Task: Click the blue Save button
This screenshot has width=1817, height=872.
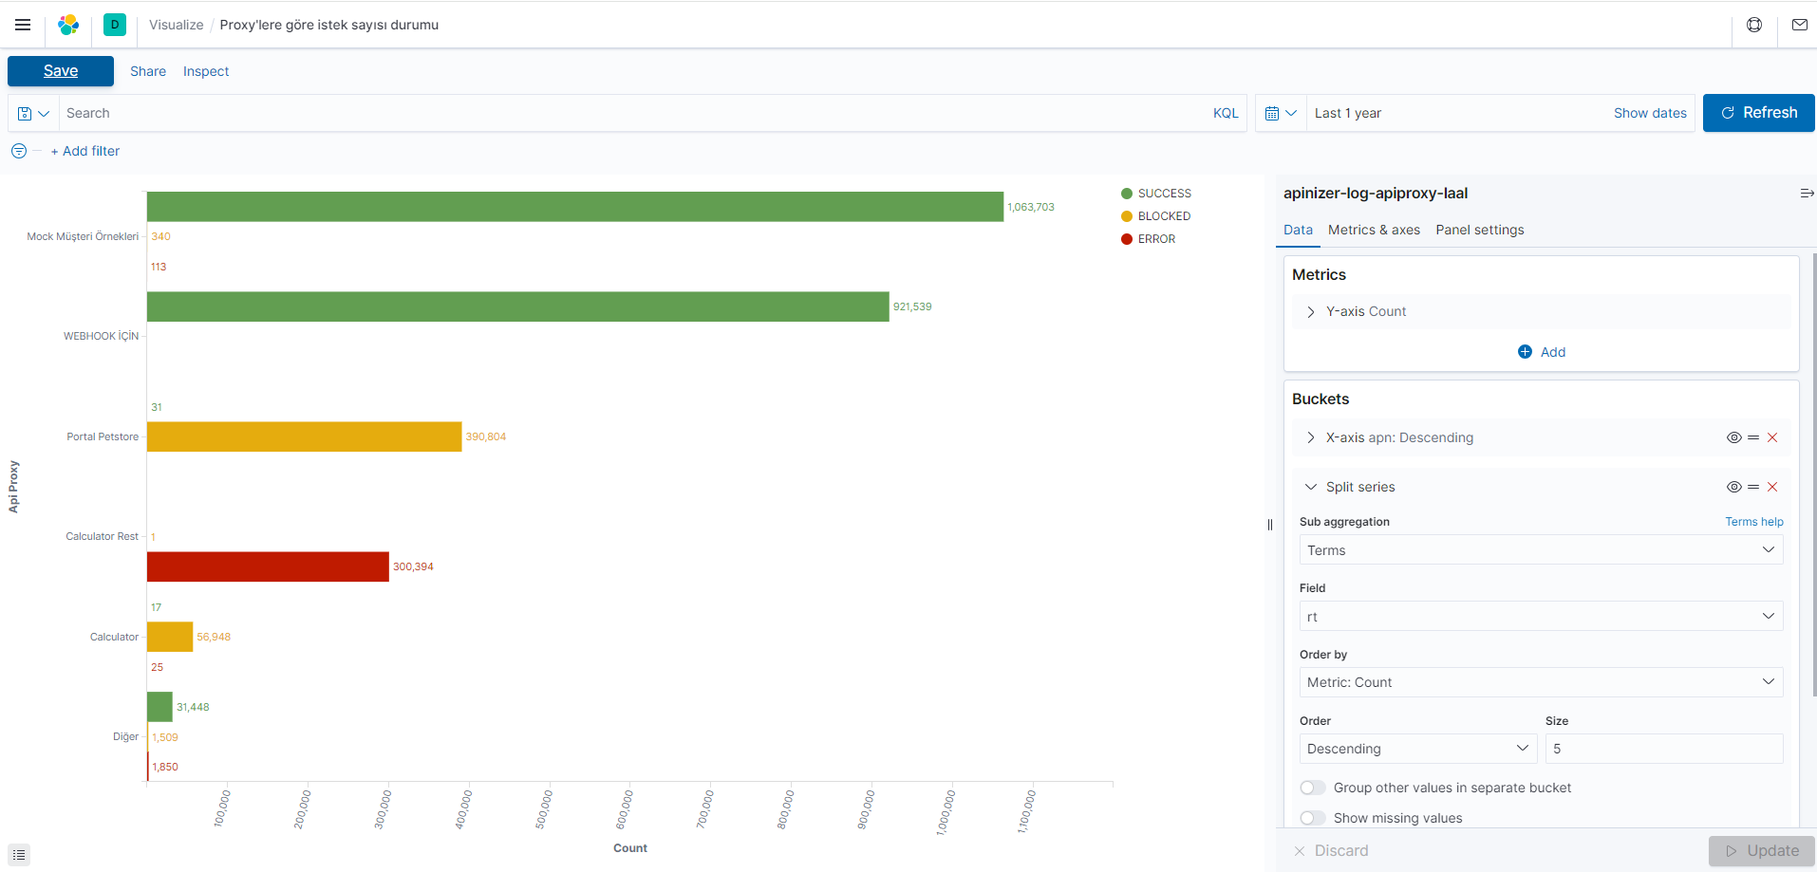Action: pyautogui.click(x=61, y=71)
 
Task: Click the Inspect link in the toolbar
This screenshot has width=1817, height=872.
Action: pyautogui.click(x=206, y=71)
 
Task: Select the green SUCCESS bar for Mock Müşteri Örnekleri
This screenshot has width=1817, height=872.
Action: pyautogui.click(x=574, y=207)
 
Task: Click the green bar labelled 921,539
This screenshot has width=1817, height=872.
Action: pyautogui.click(x=517, y=306)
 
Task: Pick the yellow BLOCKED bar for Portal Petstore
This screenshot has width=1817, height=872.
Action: pyautogui.click(x=304, y=436)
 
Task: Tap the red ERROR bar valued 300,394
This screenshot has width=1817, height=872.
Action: pyautogui.click(x=268, y=566)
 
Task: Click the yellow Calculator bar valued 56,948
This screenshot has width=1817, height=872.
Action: pyautogui.click(x=170, y=637)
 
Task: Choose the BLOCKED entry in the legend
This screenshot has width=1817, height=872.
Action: pyautogui.click(x=1163, y=216)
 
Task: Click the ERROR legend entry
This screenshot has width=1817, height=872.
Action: pyautogui.click(x=1155, y=239)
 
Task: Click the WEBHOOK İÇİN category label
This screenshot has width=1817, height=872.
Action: pyautogui.click(x=101, y=336)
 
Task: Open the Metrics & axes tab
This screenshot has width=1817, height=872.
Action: pyautogui.click(x=1374, y=230)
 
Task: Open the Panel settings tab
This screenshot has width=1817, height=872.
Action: pyautogui.click(x=1479, y=230)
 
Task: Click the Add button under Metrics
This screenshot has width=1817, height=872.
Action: pyautogui.click(x=1542, y=352)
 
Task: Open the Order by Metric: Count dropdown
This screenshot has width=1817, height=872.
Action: pyautogui.click(x=1540, y=682)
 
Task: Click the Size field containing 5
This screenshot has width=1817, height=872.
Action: pyautogui.click(x=1663, y=749)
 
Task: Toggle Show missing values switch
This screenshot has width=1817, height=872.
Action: pyautogui.click(x=1313, y=818)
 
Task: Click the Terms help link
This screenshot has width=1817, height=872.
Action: pyautogui.click(x=1753, y=522)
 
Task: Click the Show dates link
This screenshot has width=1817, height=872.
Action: pyautogui.click(x=1650, y=113)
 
